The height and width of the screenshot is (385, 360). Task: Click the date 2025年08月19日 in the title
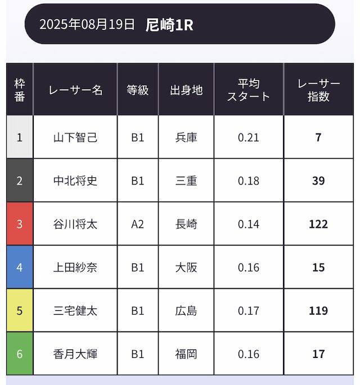[87, 25]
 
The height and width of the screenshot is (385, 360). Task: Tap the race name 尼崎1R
[169, 25]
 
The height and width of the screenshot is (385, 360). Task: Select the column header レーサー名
[75, 90]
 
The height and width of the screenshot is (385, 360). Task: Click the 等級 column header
[138, 90]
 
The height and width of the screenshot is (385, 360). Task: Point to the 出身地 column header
[186, 90]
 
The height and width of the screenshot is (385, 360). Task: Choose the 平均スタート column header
[249, 90]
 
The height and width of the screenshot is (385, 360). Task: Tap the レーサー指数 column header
[318, 90]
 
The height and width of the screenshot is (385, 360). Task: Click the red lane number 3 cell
[20, 224]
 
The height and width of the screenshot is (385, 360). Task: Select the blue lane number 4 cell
[20, 267]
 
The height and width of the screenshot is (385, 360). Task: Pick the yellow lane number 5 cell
[20, 311]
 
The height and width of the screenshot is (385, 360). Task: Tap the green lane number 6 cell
[20, 354]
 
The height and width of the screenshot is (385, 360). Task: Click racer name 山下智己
[75, 137]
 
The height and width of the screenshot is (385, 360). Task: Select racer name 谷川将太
[75, 224]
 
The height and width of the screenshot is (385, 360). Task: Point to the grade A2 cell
[138, 224]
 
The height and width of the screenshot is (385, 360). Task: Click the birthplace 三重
[186, 181]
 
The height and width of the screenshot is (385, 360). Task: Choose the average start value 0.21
[249, 137]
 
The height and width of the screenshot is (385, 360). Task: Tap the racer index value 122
[318, 224]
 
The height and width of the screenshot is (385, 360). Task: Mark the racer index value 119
[318, 311]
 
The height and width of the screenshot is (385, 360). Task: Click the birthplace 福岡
[186, 354]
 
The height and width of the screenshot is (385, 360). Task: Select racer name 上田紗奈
[75, 267]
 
